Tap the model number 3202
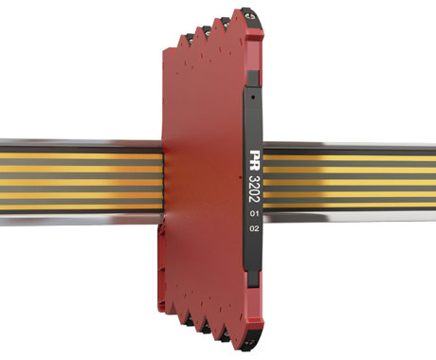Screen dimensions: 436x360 [x=254, y=189]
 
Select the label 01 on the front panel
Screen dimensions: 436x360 [x=254, y=214]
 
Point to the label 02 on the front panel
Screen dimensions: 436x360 [x=254, y=228]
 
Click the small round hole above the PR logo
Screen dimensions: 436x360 [x=252, y=98]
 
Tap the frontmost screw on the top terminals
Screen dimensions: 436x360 [x=253, y=15]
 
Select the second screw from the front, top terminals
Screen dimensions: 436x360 [x=227, y=23]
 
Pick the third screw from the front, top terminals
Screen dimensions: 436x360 [x=208, y=32]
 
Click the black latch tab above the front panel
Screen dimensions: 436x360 [x=253, y=79]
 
